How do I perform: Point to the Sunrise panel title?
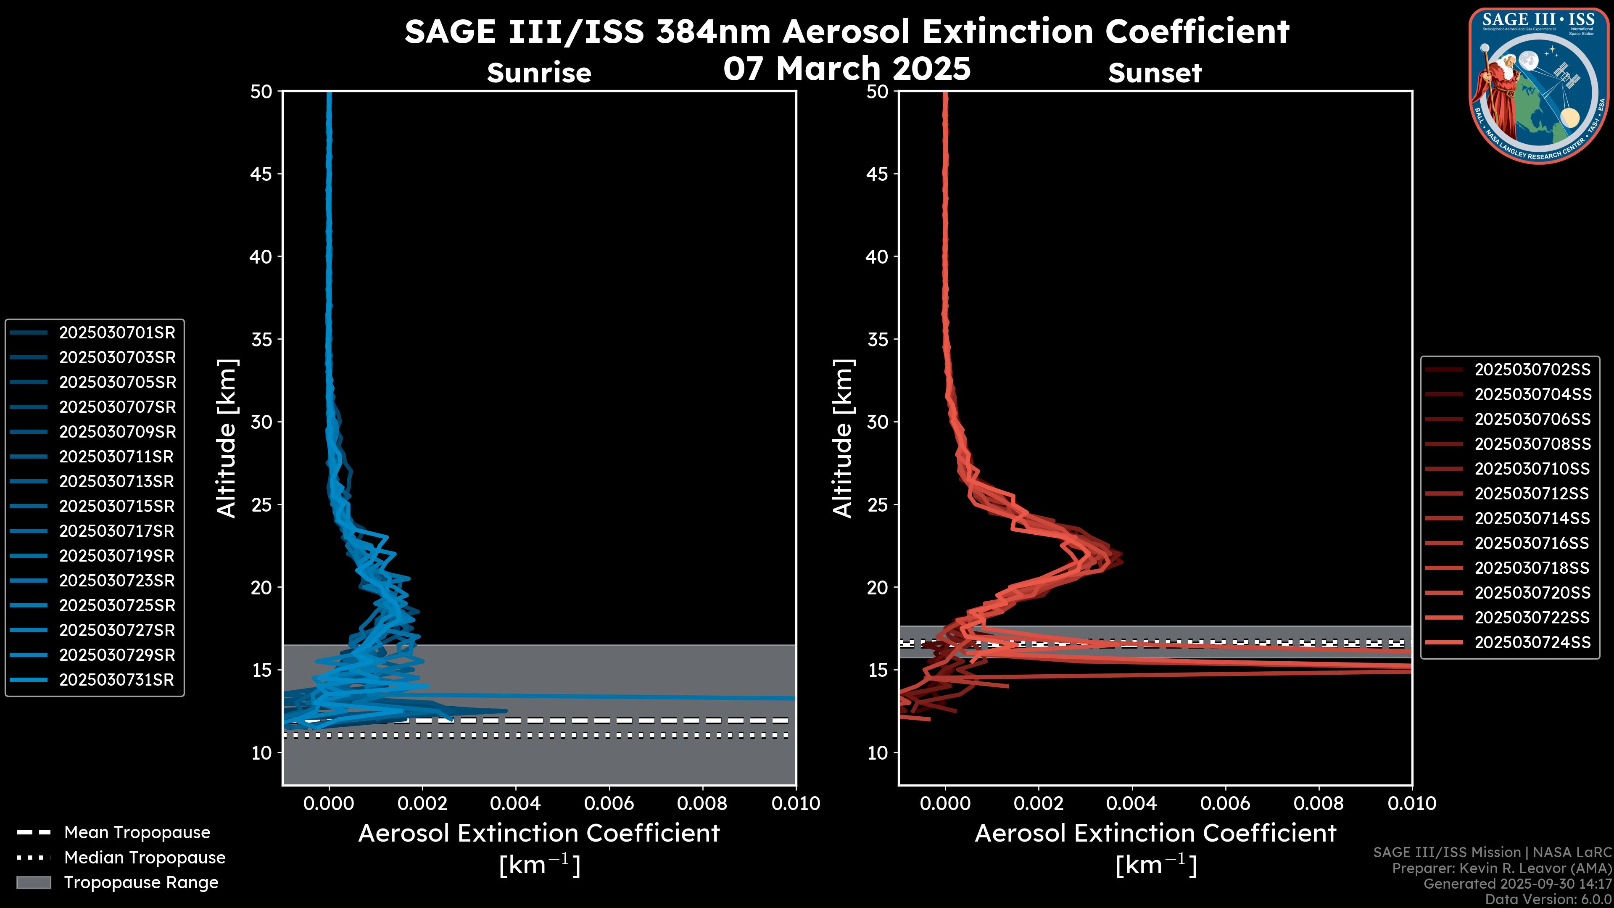(539, 73)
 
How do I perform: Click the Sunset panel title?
(1155, 73)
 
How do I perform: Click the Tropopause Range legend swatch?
(34, 882)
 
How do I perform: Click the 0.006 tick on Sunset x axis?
(1226, 803)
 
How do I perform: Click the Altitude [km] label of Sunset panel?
(843, 438)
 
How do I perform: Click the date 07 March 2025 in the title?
(847, 68)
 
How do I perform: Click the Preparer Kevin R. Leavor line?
(1502, 868)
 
